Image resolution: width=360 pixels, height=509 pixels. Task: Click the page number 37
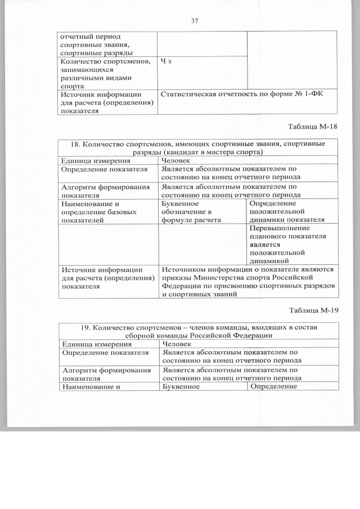point(195,21)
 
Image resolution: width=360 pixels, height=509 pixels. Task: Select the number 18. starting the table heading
point(77,145)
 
